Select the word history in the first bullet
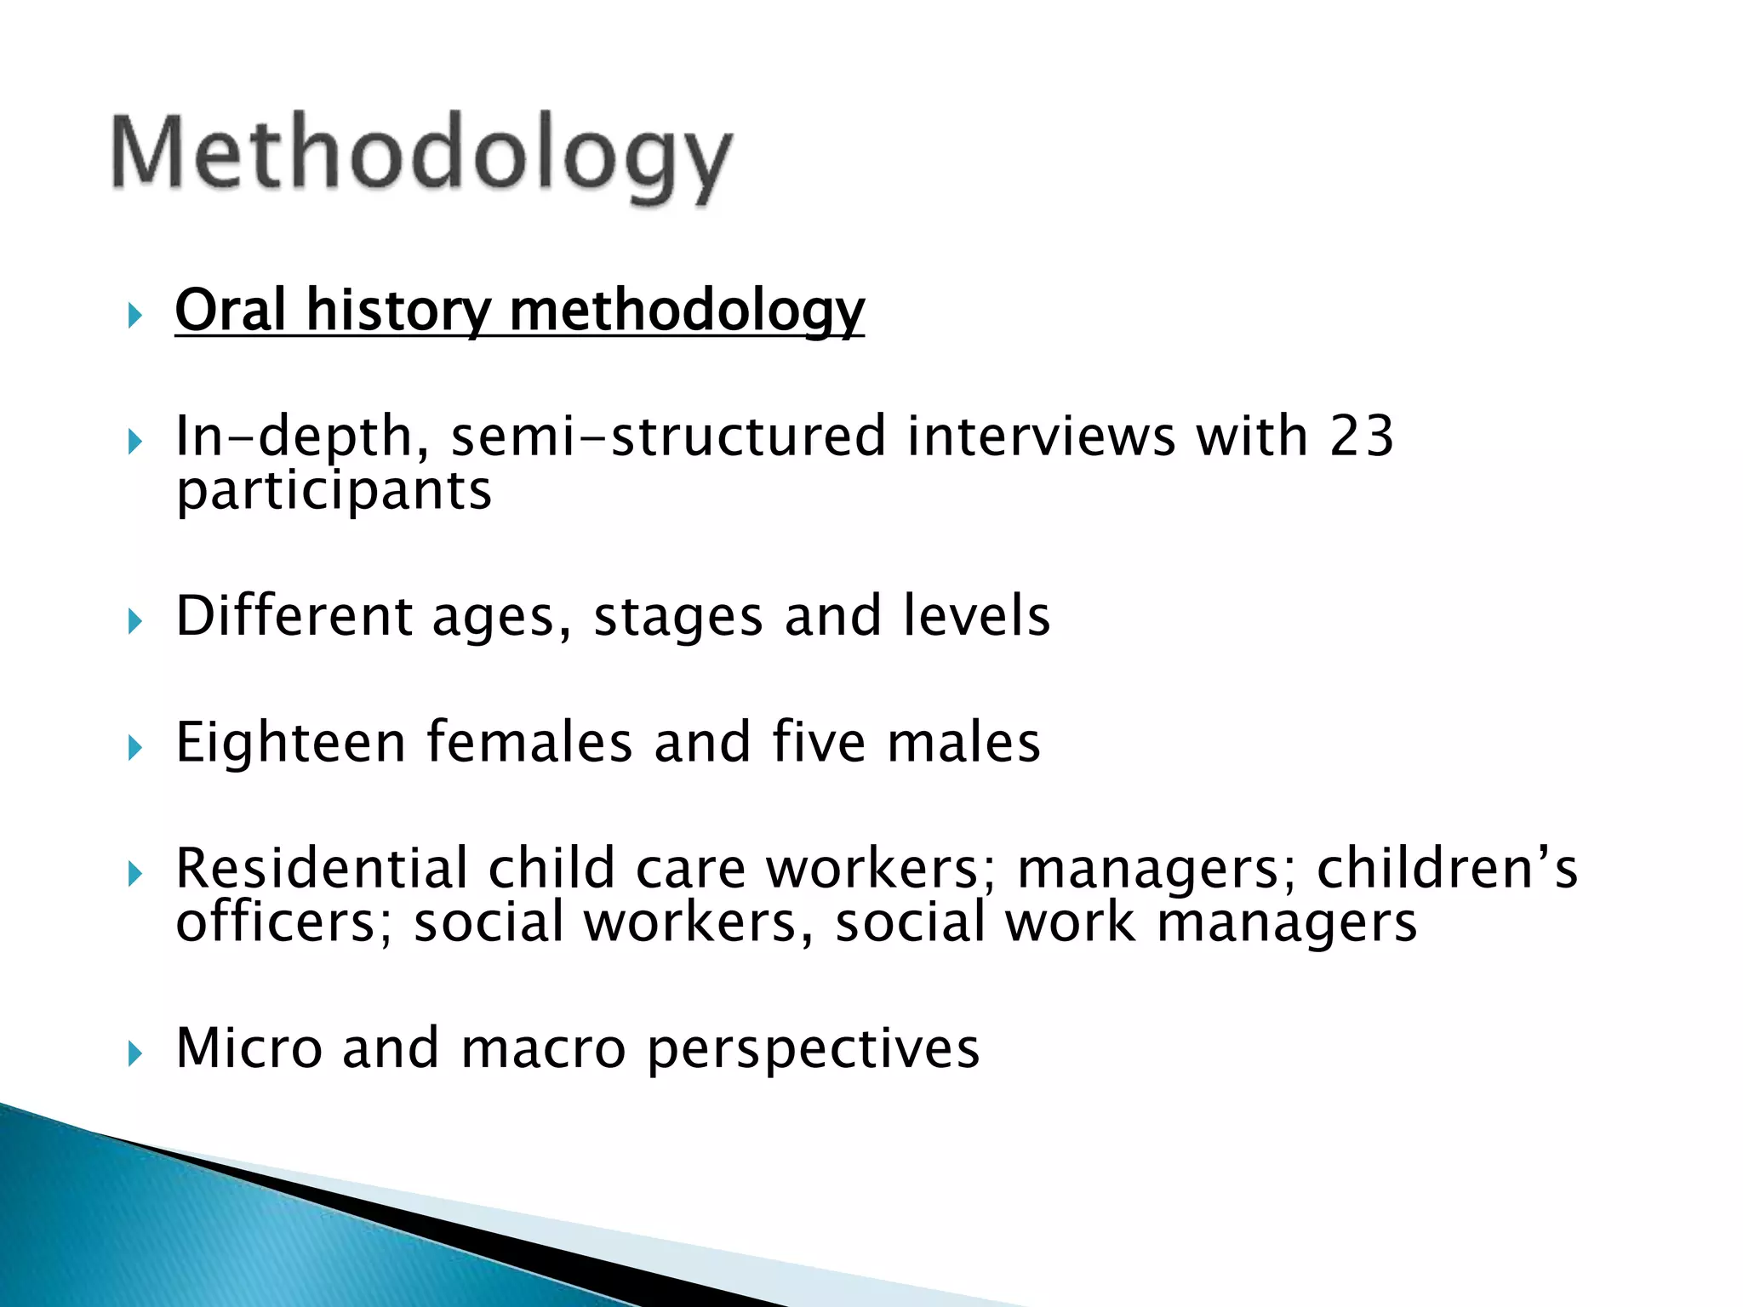pyautogui.click(x=397, y=311)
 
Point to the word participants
pyautogui.click(x=334, y=493)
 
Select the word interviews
pyautogui.click(x=1041, y=437)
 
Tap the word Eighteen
pyautogui.click(x=290, y=743)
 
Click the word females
pyautogui.click(x=529, y=741)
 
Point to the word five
pyautogui.click(x=819, y=741)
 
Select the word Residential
pyautogui.click(x=321, y=869)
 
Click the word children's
pyautogui.click(x=1447, y=869)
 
